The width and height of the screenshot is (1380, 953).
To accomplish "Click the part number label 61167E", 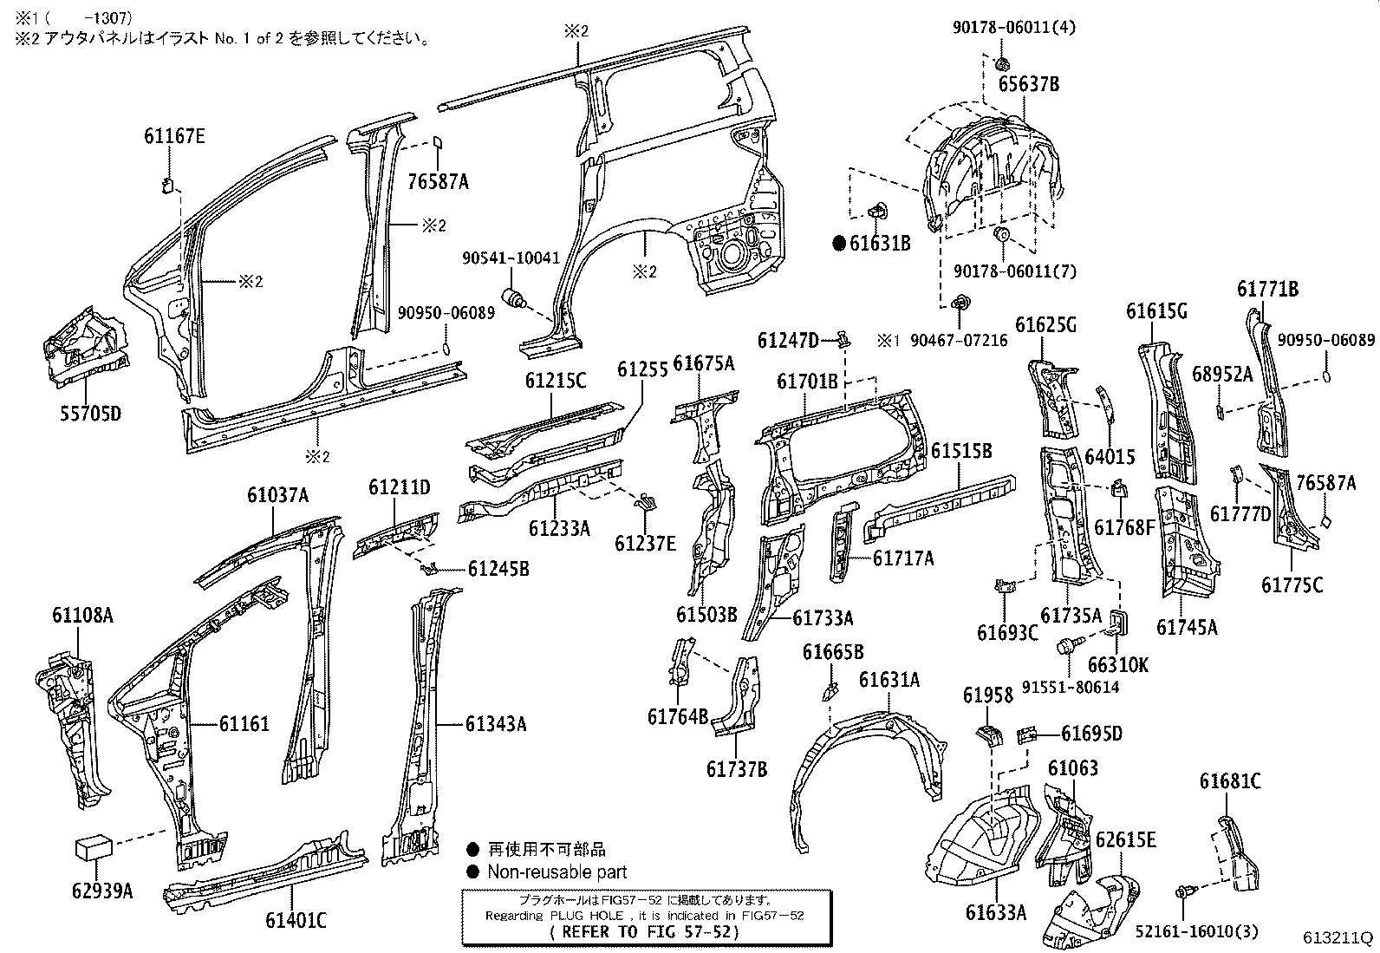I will pyautogui.click(x=174, y=136).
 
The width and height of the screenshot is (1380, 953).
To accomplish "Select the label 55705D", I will pyautogui.click(x=90, y=413).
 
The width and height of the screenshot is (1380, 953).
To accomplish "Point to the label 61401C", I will pyautogui.click(x=296, y=920).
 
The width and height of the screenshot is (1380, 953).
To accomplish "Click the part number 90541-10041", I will pyautogui.click(x=511, y=258).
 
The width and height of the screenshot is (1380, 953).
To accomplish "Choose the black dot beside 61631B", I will pyautogui.click(x=838, y=244).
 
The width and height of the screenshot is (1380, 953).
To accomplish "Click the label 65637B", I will pyautogui.click(x=1028, y=85).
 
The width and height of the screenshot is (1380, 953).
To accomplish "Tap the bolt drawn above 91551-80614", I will pyautogui.click(x=1065, y=646).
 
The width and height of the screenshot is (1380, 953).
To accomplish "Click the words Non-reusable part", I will pyautogui.click(x=557, y=872).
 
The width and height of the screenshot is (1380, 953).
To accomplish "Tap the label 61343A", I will pyautogui.click(x=495, y=723).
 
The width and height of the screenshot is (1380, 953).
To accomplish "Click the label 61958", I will pyautogui.click(x=988, y=695).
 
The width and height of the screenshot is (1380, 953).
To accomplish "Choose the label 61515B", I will pyautogui.click(x=962, y=451).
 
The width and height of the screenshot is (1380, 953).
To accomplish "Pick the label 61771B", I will pyautogui.click(x=1267, y=290).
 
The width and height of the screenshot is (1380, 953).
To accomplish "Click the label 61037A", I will pyautogui.click(x=277, y=495).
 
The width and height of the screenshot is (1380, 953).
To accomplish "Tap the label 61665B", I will pyautogui.click(x=832, y=652).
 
